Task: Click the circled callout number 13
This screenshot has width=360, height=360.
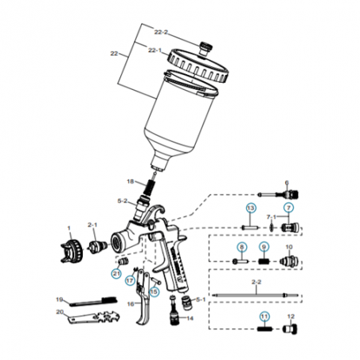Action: pyautogui.click(x=251, y=208)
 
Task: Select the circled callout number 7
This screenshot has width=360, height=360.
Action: pyautogui.click(x=288, y=208)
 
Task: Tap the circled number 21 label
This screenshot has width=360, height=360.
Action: pyautogui.click(x=116, y=273)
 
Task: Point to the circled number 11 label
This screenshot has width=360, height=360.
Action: pyautogui.click(x=264, y=316)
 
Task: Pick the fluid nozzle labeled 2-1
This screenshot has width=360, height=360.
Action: pyautogui.click(x=98, y=247)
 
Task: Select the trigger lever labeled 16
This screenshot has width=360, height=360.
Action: pyautogui.click(x=143, y=297)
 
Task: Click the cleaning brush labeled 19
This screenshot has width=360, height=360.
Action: pyautogui.click(x=93, y=302)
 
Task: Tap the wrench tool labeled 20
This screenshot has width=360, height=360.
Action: pyautogui.click(x=92, y=318)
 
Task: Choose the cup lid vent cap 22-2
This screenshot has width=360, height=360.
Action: pyautogui.click(x=206, y=49)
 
